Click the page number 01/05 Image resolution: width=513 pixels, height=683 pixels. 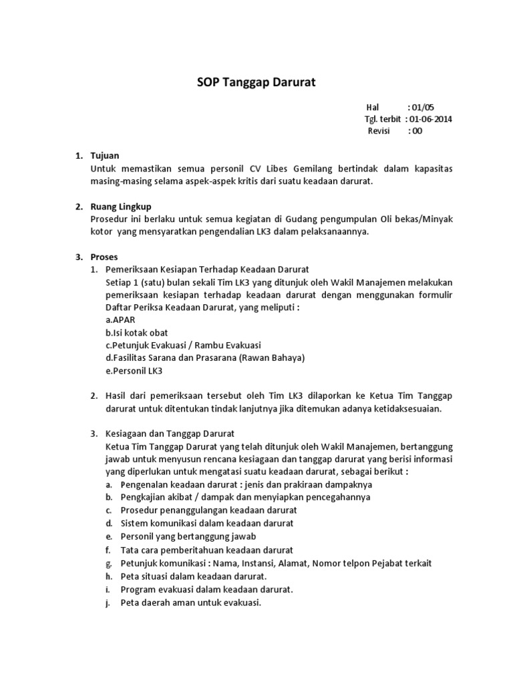click(423, 107)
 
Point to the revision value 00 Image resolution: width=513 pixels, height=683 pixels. click(417, 131)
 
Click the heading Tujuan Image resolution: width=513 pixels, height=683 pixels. click(105, 156)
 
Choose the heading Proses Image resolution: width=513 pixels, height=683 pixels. click(106, 257)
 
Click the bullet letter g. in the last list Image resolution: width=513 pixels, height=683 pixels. click(108, 563)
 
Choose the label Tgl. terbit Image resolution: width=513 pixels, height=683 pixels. click(383, 119)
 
